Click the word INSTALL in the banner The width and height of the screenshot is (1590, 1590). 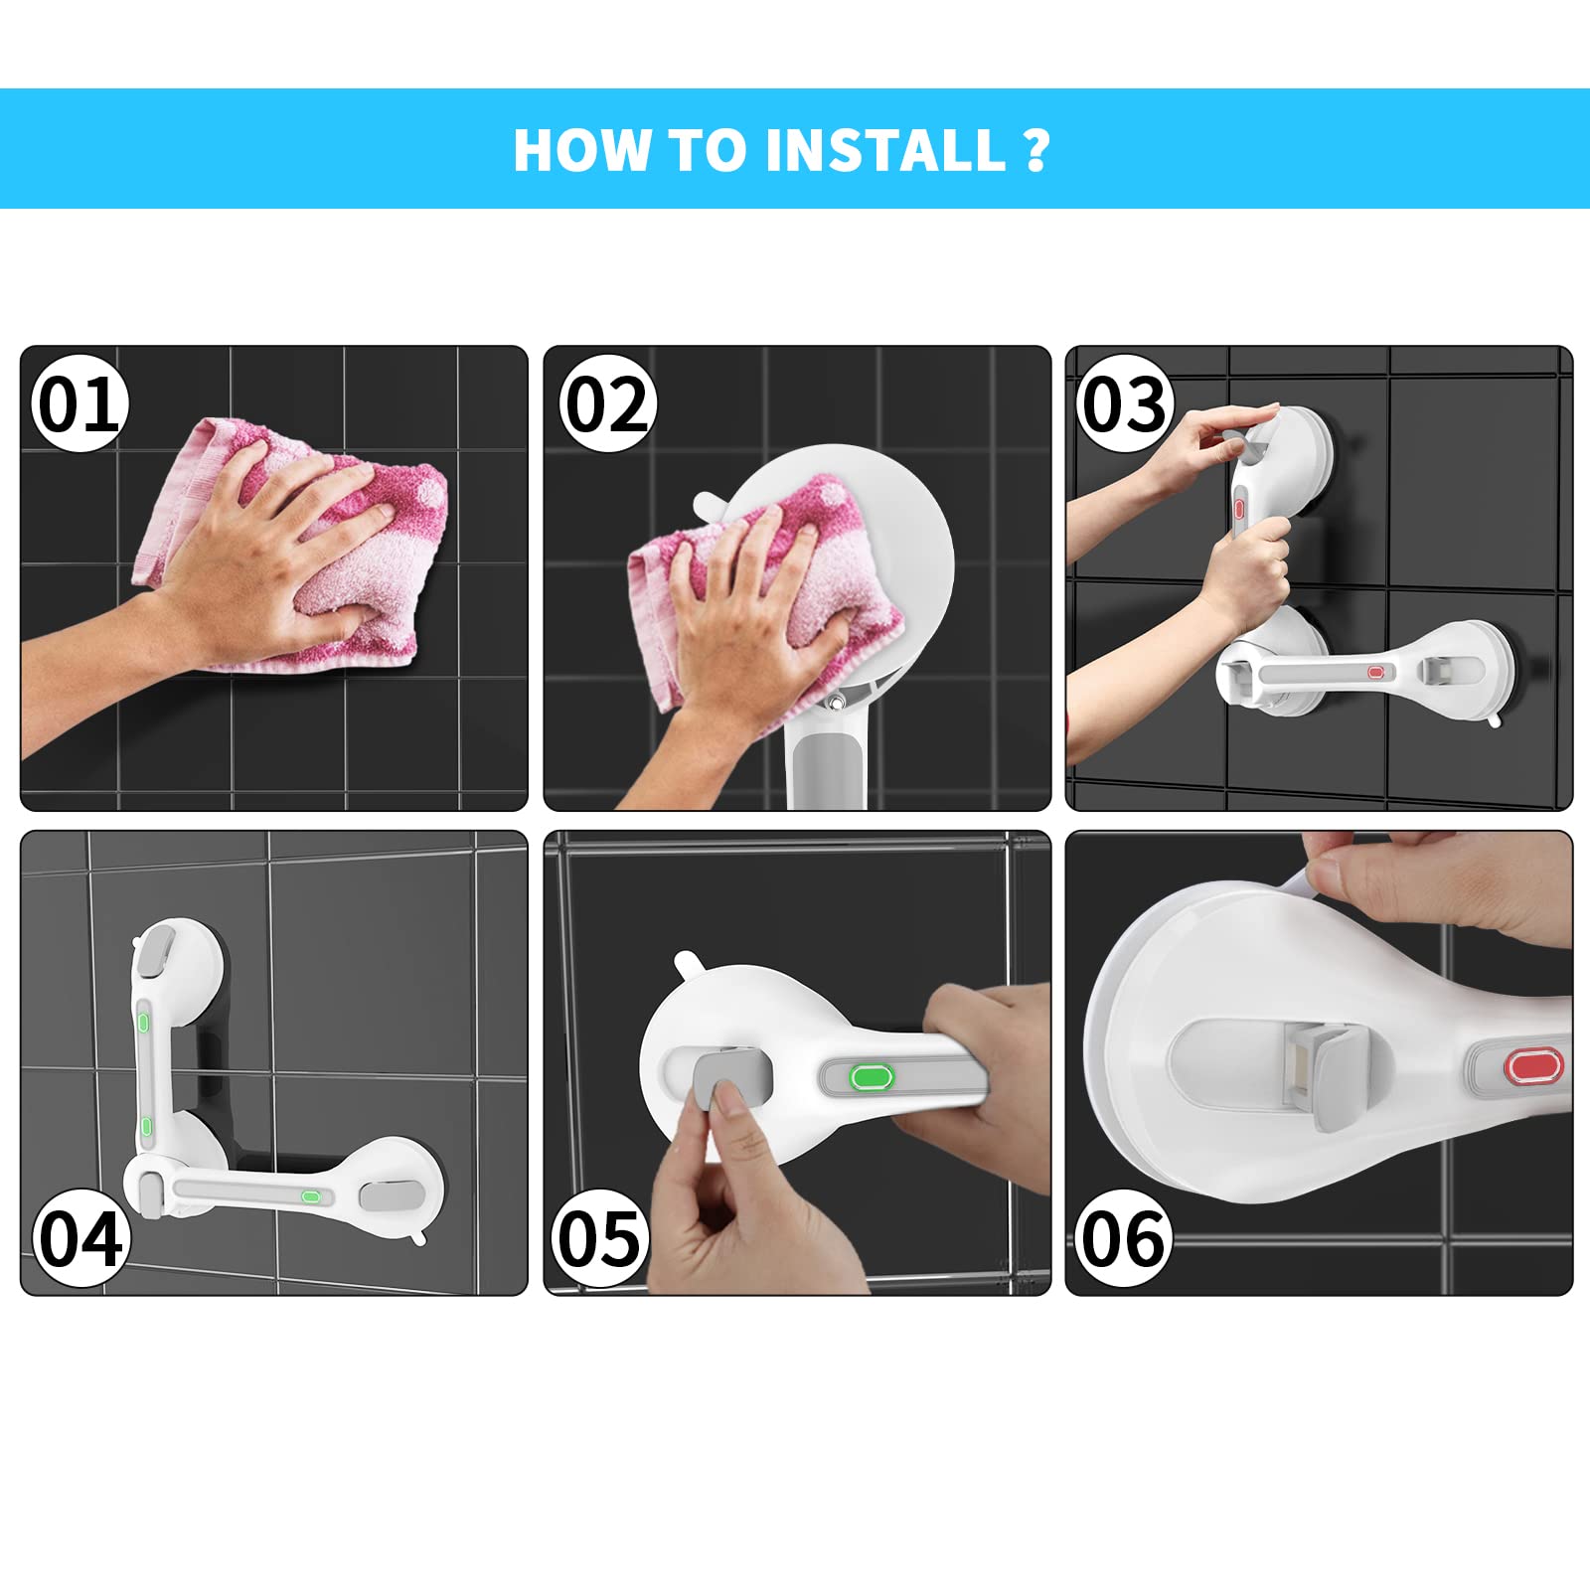pyautogui.click(x=885, y=151)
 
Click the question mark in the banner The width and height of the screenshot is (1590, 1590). pyautogui.click(x=1035, y=151)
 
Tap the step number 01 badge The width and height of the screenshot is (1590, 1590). pyautogui.click(x=79, y=404)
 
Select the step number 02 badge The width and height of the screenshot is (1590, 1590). pyautogui.click(x=607, y=404)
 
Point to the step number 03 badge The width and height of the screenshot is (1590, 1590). pyautogui.click(x=1124, y=404)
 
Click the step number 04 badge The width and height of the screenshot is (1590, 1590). pyautogui.click(x=79, y=1238)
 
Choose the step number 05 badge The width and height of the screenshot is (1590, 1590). pyautogui.click(x=600, y=1238)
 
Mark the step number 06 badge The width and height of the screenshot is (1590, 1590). pyautogui.click(x=1124, y=1238)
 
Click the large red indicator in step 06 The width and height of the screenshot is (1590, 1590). pyautogui.click(x=1533, y=1067)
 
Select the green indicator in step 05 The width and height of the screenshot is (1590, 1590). pyautogui.click(x=872, y=1076)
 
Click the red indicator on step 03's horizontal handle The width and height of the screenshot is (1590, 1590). pyautogui.click(x=1375, y=673)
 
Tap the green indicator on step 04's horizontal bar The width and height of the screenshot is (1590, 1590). pyautogui.click(x=311, y=1196)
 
